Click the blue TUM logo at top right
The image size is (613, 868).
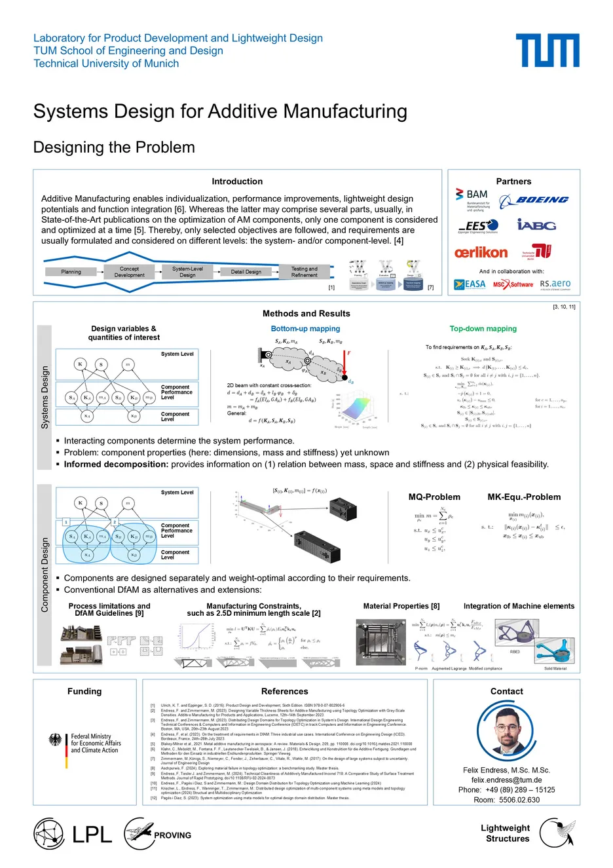(547, 50)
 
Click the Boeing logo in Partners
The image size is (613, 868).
(534, 200)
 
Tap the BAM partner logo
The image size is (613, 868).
(473, 197)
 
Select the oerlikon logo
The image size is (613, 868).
(481, 252)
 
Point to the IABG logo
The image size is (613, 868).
(536, 225)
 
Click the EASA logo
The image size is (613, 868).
(470, 284)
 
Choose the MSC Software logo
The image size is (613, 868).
(513, 284)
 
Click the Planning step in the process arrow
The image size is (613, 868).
(71, 272)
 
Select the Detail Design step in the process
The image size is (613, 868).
(246, 272)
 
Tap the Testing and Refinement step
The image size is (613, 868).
(304, 272)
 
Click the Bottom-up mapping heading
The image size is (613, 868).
(305, 329)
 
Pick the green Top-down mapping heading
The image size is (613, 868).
(483, 329)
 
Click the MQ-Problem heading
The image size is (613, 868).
(434, 497)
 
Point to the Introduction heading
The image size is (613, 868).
(237, 181)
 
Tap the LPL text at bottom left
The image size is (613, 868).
(92, 835)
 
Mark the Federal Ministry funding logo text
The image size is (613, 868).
(96, 744)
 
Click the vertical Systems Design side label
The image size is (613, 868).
(45, 398)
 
